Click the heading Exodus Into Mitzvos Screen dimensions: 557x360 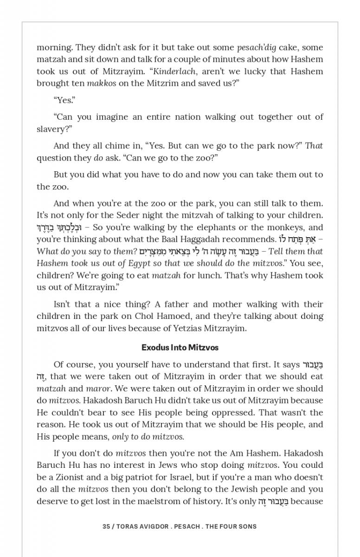point(180,347)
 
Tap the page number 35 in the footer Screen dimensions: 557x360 point(106,526)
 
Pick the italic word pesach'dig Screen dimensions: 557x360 point(256,47)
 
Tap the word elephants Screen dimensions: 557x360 point(226,227)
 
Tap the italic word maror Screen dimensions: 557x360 point(98,388)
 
